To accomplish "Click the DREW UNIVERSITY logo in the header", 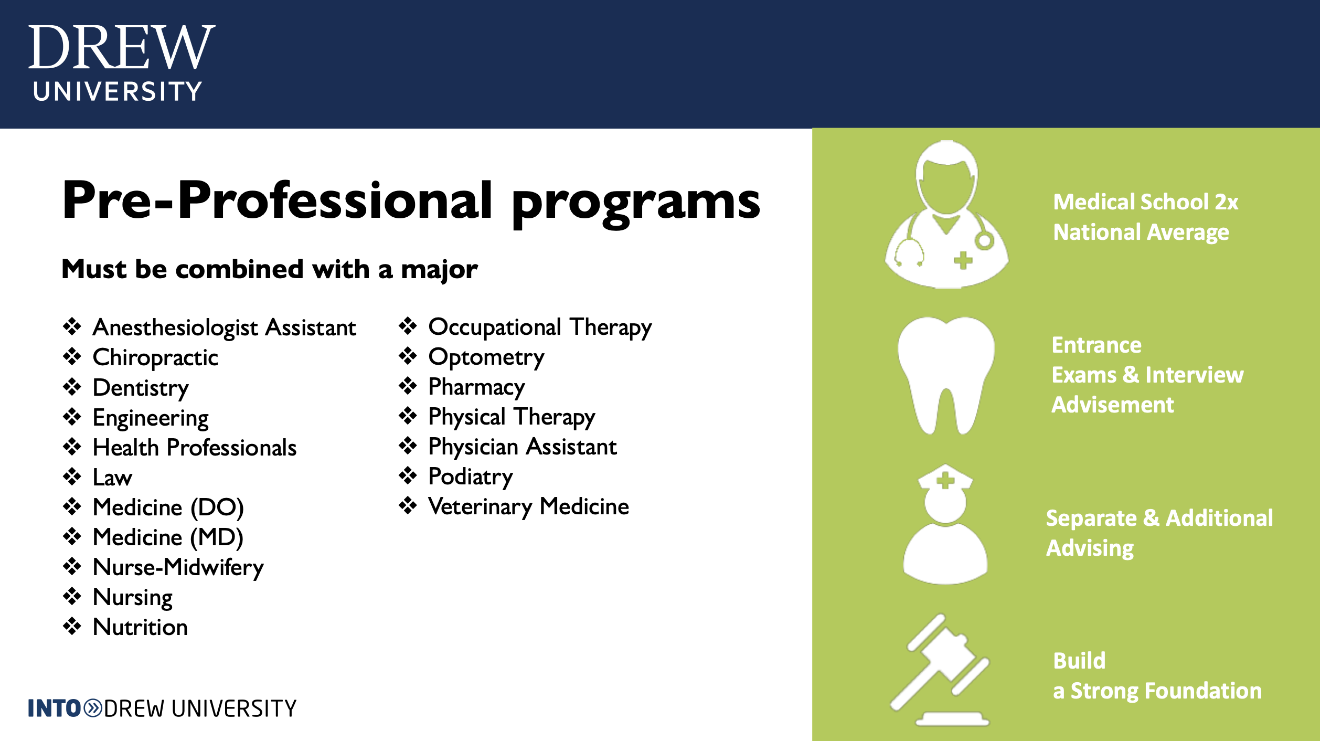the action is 121,63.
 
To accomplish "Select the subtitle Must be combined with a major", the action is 270,269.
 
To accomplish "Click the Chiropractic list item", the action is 155,358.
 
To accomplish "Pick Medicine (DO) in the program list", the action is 168,507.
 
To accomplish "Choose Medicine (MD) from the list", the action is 168,537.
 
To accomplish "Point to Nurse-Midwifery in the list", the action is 178,568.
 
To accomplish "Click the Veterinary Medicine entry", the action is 528,507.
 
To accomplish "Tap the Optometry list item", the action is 486,357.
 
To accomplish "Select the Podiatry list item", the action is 471,477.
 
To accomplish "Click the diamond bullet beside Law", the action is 72,477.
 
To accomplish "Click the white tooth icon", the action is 946,376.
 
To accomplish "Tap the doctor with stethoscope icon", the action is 946,214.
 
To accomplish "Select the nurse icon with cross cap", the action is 945,525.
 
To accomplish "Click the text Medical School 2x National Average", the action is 1145,217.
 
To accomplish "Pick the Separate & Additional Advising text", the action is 1159,533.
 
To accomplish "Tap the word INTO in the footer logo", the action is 54,708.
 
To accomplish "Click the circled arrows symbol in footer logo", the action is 93,708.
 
